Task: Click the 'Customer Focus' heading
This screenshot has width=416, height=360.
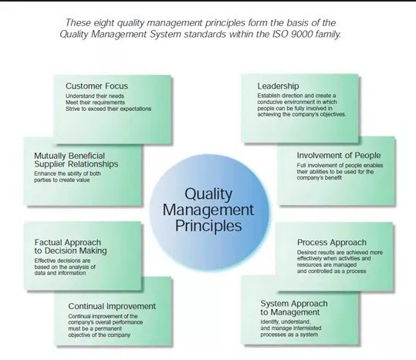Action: click(96, 86)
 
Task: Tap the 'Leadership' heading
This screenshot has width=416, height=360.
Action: click(278, 86)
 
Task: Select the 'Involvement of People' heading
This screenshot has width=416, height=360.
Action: click(339, 156)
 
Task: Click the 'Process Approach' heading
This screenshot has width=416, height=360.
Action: click(332, 242)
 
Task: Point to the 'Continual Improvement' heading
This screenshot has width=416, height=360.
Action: click(112, 306)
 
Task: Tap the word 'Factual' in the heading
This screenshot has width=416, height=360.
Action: click(49, 242)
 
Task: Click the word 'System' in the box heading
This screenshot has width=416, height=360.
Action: click(275, 304)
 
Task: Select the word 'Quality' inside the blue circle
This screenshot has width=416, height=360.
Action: click(208, 194)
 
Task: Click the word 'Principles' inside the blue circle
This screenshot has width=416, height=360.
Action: click(208, 226)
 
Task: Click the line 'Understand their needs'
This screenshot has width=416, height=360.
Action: click(95, 96)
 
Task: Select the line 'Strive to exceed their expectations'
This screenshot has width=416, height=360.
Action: click(109, 109)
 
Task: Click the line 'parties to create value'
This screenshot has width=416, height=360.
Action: click(62, 180)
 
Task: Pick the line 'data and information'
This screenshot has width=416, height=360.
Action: click(60, 273)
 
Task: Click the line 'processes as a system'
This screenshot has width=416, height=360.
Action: click(289, 335)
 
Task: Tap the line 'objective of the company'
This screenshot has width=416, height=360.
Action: click(100, 335)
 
